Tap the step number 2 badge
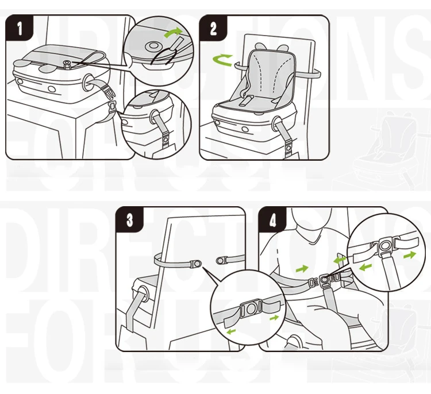click(214, 29)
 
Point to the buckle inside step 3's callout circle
click(252, 309)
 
